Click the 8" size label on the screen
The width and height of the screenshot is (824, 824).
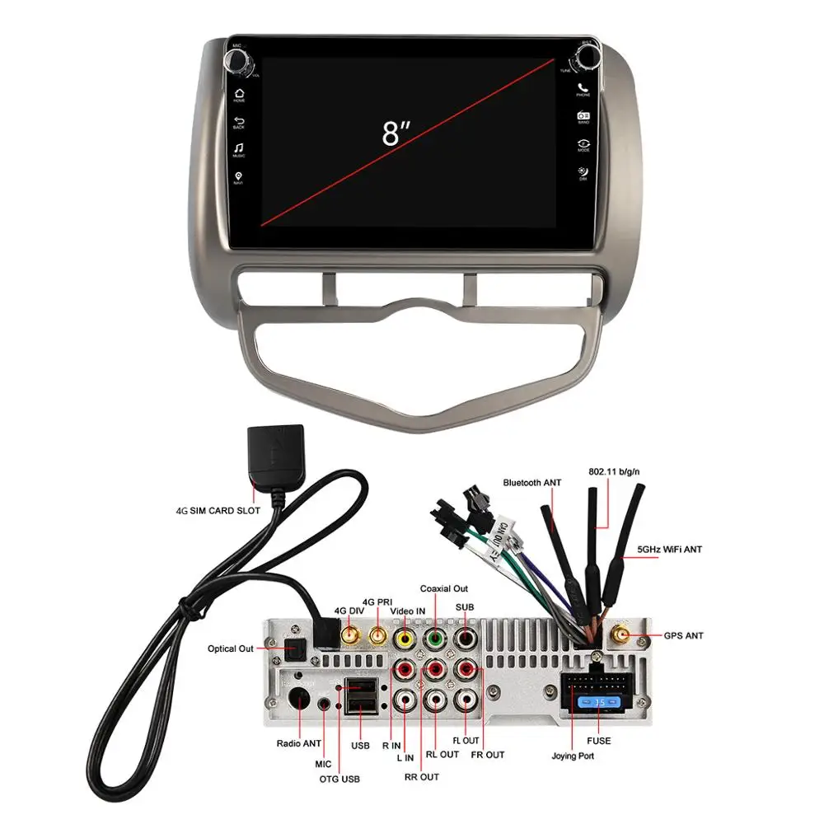(396, 132)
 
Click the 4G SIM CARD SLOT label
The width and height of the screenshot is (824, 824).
(218, 511)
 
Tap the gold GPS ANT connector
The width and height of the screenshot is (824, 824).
(620, 636)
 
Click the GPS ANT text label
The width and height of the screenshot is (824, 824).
(683, 636)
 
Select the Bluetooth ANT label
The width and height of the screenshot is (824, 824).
(532, 482)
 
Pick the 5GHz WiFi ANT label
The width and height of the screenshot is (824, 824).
(669, 549)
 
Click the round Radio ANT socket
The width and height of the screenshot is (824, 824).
(302, 703)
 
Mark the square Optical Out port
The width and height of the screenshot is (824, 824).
(294, 649)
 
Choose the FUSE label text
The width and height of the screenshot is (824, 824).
(599, 741)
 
